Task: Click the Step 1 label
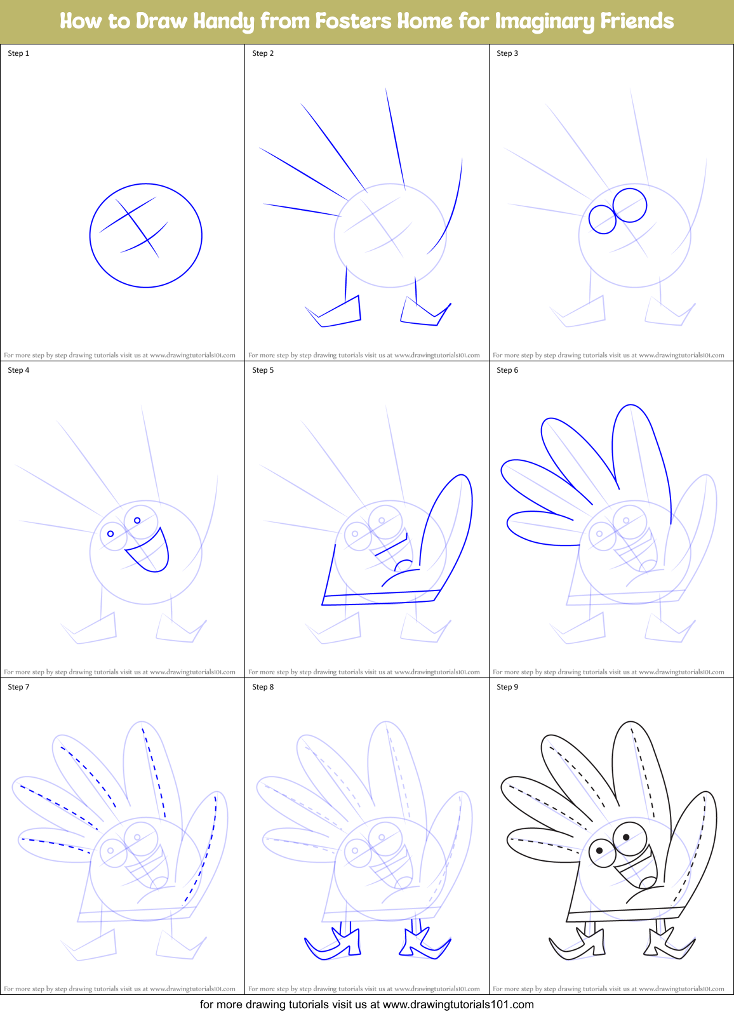(18, 53)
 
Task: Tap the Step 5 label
(263, 370)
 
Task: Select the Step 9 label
(507, 687)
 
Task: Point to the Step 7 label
(18, 687)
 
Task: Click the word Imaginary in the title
(536, 21)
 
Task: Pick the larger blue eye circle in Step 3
(630, 205)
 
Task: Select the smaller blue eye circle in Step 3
(603, 220)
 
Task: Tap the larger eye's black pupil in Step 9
(626, 837)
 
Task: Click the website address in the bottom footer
(458, 1004)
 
